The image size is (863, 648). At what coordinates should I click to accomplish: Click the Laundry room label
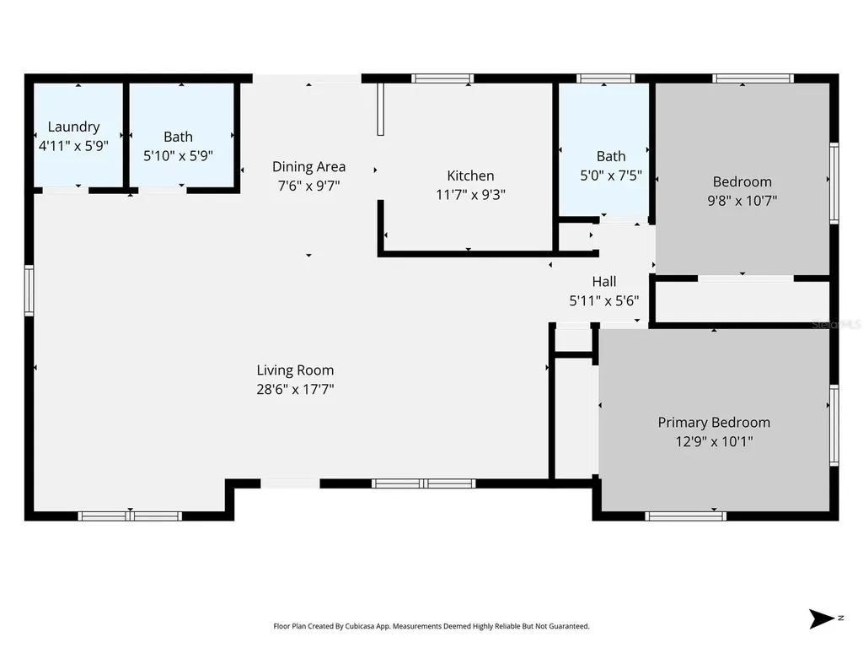tap(74, 127)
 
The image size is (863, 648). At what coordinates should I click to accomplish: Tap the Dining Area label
tap(308, 166)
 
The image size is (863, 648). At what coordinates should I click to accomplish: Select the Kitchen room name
tap(470, 175)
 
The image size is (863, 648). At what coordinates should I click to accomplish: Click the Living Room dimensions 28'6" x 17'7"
tap(296, 389)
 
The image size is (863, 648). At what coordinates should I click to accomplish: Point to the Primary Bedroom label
tap(714, 423)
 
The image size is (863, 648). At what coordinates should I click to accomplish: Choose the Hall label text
tap(603, 282)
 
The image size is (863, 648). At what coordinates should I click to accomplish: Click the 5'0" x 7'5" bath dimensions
tap(611, 175)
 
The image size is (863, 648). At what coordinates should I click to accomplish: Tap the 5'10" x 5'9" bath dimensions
tap(179, 155)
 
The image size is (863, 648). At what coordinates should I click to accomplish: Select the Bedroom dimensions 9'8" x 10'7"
tap(742, 201)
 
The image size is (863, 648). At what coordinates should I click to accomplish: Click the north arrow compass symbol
tap(822, 618)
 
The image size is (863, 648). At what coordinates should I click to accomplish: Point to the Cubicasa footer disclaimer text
tap(431, 626)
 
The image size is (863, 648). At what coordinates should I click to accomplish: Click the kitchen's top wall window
tap(442, 78)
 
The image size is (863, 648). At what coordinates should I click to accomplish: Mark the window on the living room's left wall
tap(29, 290)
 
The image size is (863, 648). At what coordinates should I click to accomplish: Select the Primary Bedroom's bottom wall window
tap(686, 516)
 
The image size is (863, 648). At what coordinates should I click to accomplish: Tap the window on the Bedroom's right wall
tap(834, 183)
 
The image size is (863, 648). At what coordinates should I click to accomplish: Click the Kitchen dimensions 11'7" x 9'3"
tap(470, 195)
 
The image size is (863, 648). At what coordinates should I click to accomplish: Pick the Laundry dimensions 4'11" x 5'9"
tap(74, 146)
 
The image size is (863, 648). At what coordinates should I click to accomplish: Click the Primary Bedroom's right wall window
tap(834, 425)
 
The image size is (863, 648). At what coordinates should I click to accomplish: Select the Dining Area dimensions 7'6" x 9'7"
tap(308, 186)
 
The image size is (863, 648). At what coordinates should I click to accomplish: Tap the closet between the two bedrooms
tap(742, 301)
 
